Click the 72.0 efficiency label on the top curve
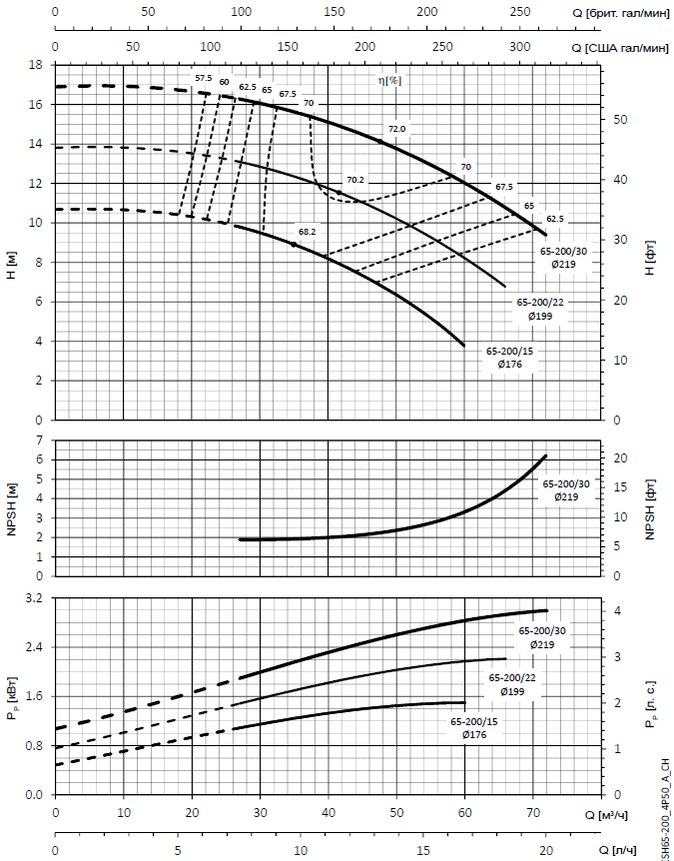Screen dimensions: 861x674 [x=397, y=129]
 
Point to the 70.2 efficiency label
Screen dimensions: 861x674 [x=354, y=180]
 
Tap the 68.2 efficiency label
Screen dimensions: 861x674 [x=306, y=231]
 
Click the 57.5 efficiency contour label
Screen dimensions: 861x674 [x=203, y=78]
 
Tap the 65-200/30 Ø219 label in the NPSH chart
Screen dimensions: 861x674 [x=566, y=490]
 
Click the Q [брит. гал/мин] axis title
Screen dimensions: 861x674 [x=619, y=12]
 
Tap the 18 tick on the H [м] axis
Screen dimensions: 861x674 [x=36, y=65]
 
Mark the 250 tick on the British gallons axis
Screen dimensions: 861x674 [x=520, y=12]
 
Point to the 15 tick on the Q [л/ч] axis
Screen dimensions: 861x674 [x=423, y=849]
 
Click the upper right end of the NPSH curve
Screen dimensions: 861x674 [x=546, y=455]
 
